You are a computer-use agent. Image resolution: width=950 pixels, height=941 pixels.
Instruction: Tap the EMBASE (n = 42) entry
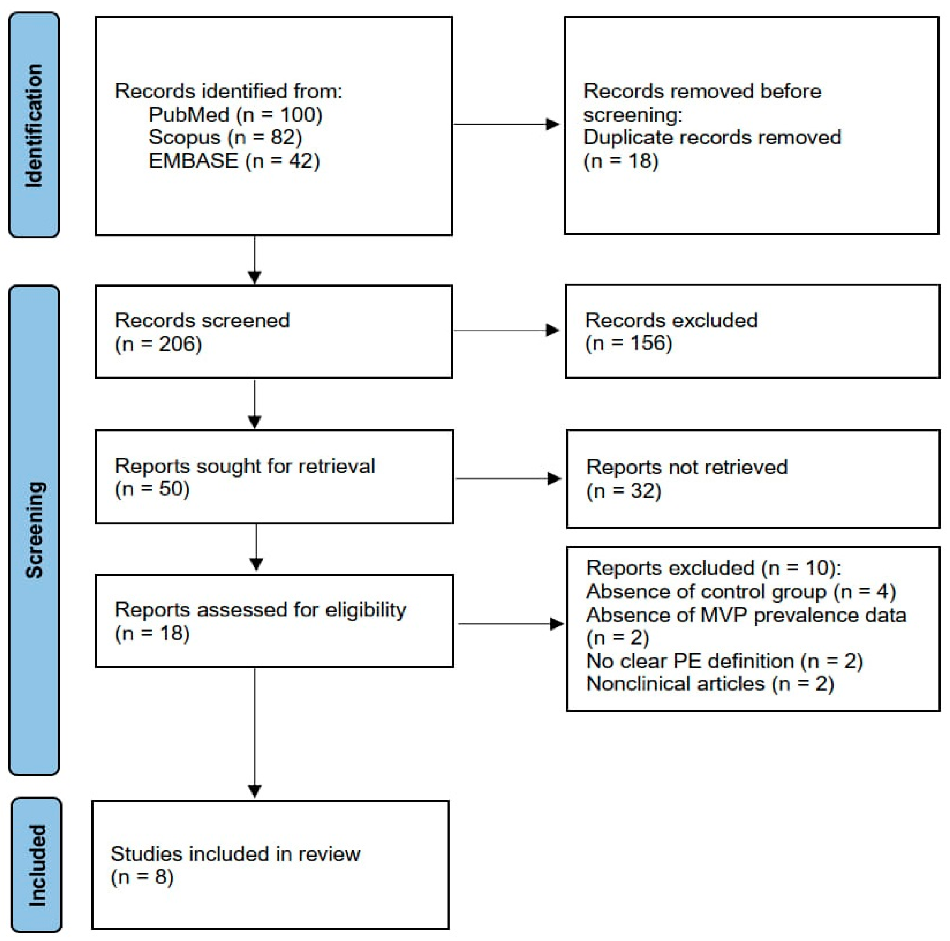(234, 161)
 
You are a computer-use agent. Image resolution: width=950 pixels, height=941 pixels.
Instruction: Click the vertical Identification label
(34, 125)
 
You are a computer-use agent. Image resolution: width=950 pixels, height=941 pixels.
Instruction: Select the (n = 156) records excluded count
(629, 343)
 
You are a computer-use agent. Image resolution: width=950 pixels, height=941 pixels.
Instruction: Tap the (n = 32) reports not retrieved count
(624, 491)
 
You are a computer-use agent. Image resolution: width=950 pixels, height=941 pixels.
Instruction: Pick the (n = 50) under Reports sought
(152, 489)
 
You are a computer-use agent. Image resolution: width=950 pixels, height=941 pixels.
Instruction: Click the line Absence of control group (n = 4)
(741, 591)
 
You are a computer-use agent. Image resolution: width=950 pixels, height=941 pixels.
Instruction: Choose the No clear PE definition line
(724, 661)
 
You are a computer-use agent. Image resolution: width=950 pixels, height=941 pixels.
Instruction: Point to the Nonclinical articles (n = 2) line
(710, 684)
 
